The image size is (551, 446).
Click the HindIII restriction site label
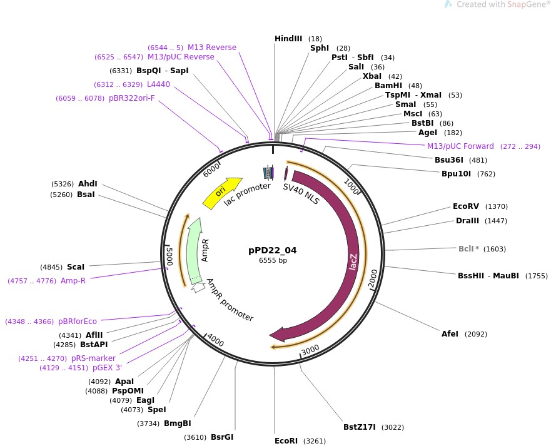click(x=288, y=39)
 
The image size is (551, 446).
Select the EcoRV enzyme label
click(x=466, y=206)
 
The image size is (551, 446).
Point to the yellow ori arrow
click(x=222, y=192)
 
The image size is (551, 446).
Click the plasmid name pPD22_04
click(x=272, y=250)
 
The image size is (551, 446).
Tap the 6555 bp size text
click(x=273, y=260)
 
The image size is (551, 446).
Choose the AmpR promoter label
click(x=230, y=300)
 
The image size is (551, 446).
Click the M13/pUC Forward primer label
click(x=460, y=146)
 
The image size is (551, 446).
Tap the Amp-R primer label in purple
click(x=73, y=281)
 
